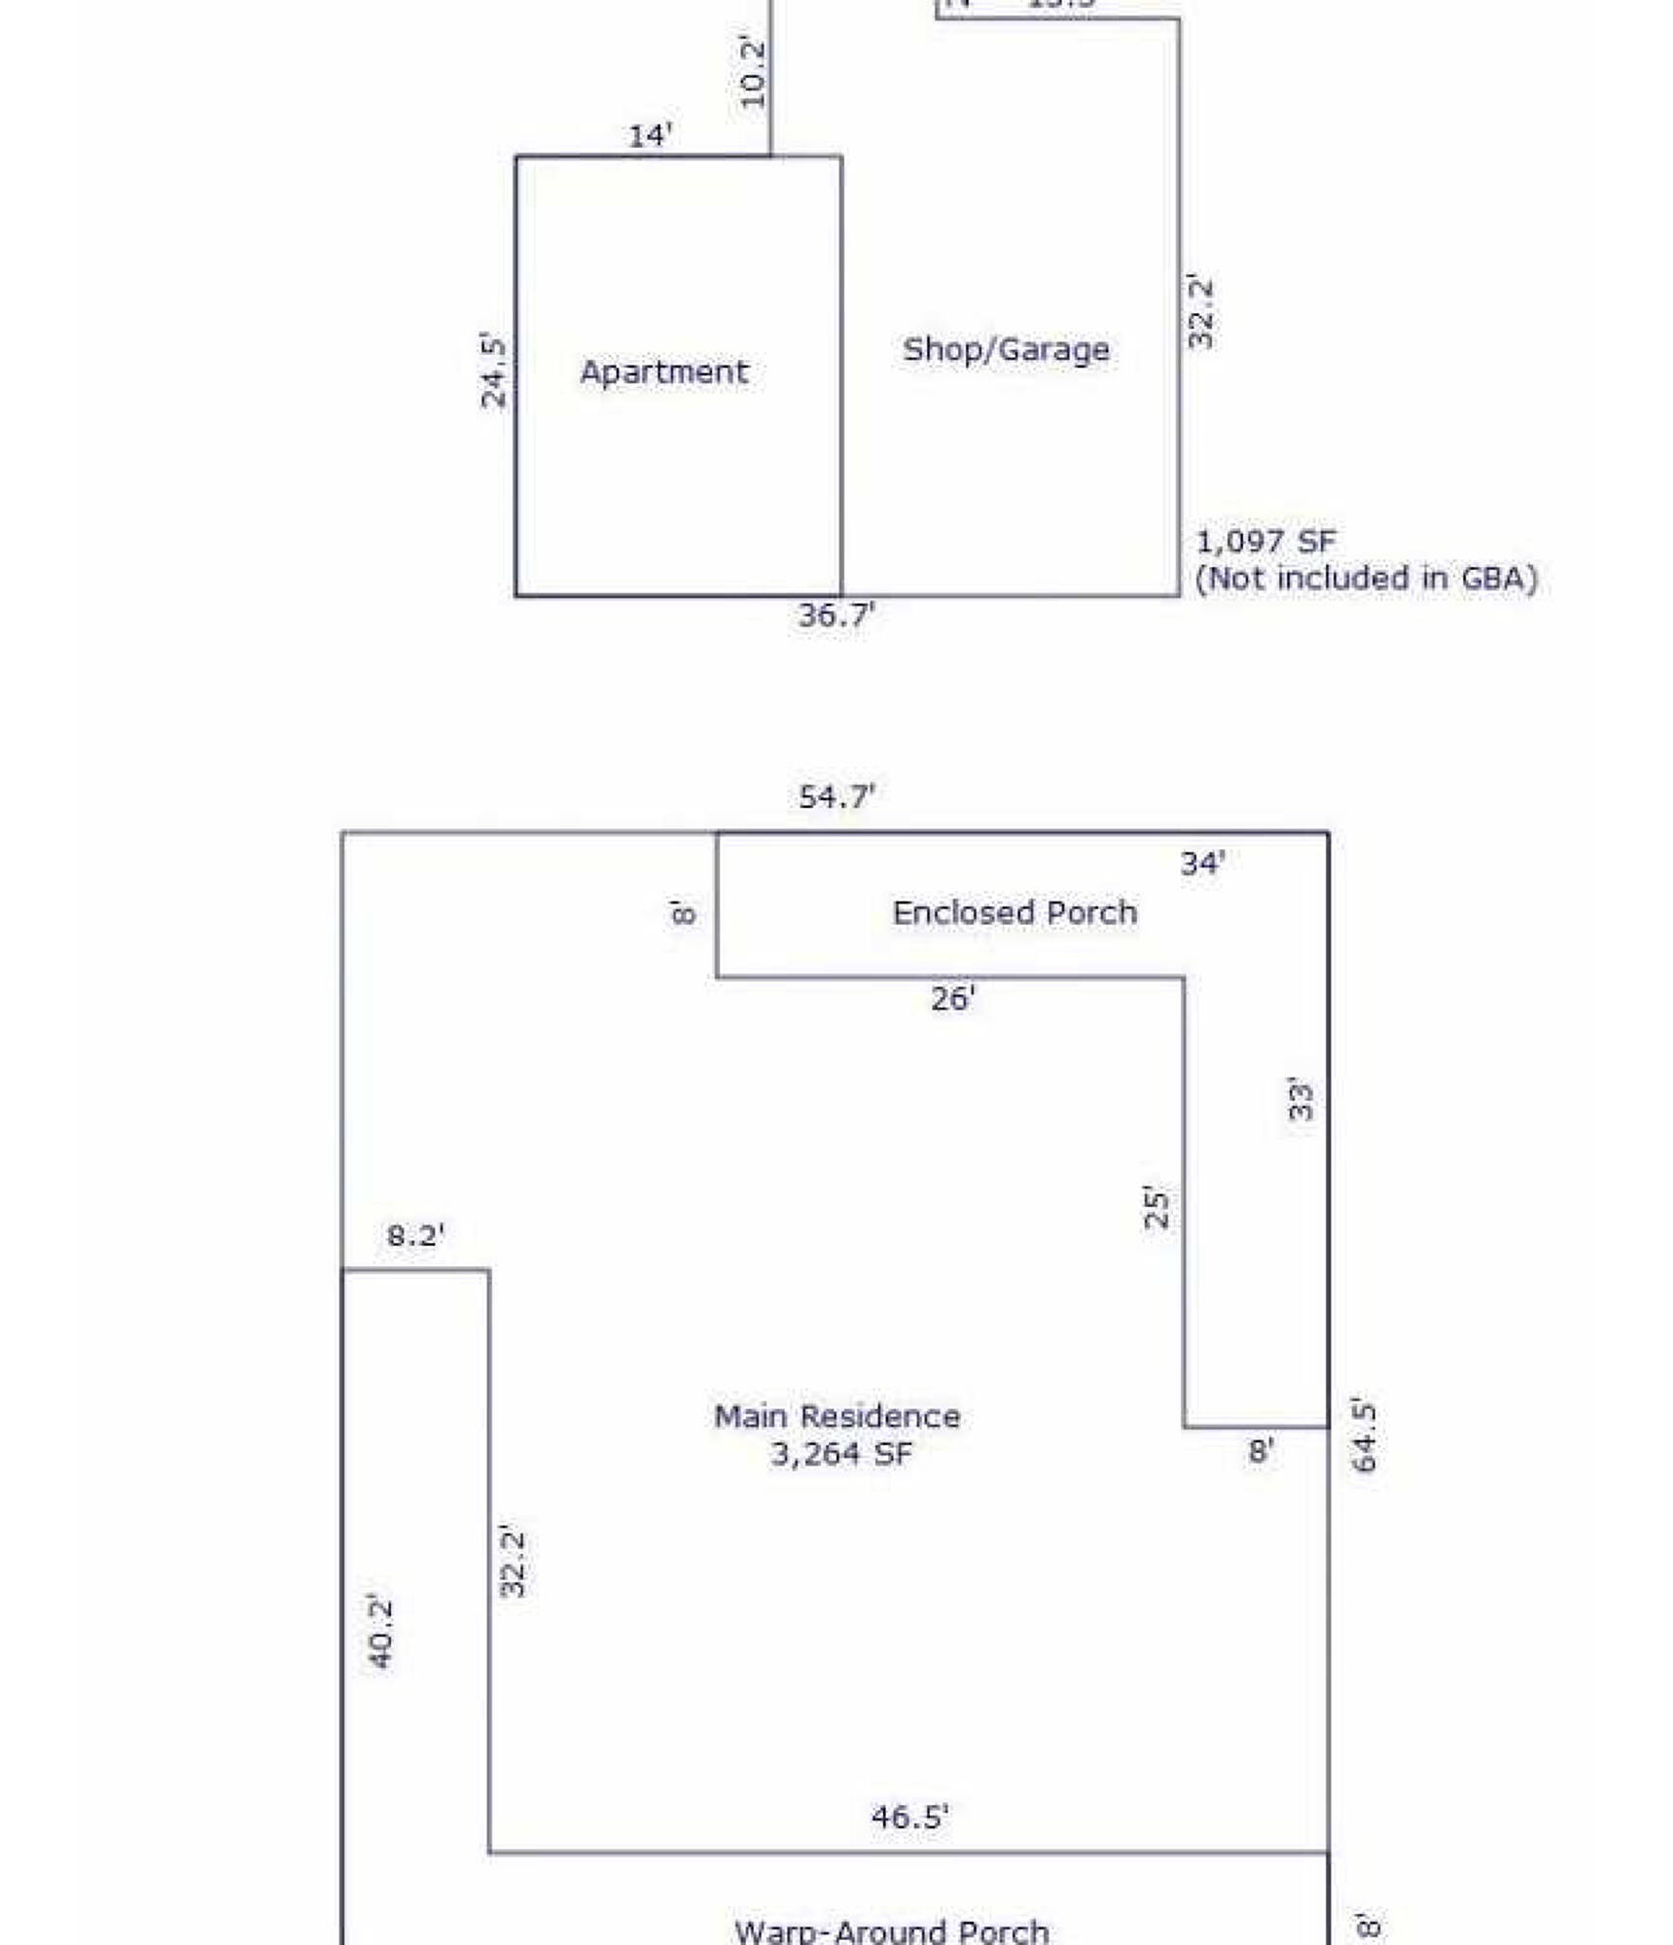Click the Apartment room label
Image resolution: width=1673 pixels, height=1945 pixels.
click(x=664, y=371)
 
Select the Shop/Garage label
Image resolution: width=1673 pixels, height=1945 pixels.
click(x=1006, y=349)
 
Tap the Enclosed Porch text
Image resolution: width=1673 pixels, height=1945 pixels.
click(x=1014, y=912)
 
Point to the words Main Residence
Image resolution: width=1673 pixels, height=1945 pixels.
click(x=836, y=1416)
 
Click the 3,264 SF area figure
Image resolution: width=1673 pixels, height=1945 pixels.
click(x=841, y=1454)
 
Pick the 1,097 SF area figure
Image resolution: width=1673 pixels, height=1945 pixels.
click(x=1265, y=541)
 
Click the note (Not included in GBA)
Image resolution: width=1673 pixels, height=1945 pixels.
click(x=1366, y=578)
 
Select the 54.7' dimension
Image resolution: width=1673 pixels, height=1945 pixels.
click(x=836, y=796)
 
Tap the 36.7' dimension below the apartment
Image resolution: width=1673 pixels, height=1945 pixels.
click(x=836, y=615)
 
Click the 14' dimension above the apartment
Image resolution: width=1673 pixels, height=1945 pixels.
click(x=650, y=135)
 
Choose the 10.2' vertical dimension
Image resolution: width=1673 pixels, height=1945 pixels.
click(x=753, y=72)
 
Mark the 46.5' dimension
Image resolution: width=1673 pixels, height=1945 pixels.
click(x=909, y=1817)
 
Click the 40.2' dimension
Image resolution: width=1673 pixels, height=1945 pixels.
click(x=379, y=1631)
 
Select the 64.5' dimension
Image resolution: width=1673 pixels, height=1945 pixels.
click(x=1365, y=1436)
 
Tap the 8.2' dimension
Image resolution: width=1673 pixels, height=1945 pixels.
click(x=415, y=1235)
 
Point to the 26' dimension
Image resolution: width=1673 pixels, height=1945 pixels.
click(x=952, y=999)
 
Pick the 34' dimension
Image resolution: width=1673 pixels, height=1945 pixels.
click(x=1202, y=863)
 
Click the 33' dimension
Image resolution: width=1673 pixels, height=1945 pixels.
click(x=1300, y=1099)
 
